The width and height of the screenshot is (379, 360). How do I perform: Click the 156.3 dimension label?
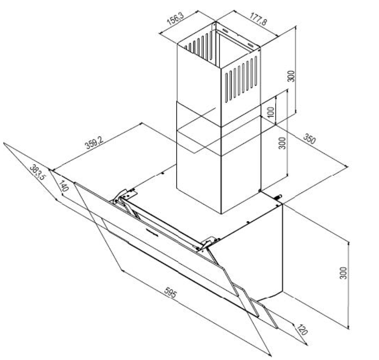point(175,20)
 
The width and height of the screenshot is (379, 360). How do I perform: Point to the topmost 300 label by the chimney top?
point(291,76)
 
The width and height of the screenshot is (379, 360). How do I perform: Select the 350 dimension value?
point(309,139)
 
